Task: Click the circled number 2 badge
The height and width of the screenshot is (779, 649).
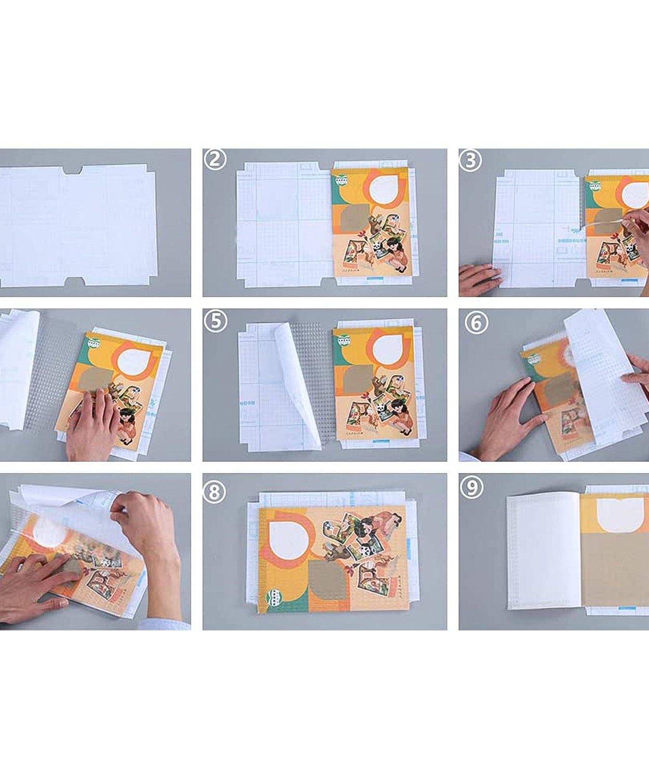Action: click(215, 159)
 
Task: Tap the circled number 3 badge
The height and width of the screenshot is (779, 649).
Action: click(470, 160)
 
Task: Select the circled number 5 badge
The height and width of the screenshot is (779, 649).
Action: click(215, 321)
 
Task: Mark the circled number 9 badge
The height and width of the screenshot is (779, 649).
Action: click(471, 487)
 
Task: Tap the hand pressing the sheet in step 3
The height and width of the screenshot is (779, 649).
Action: click(479, 279)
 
